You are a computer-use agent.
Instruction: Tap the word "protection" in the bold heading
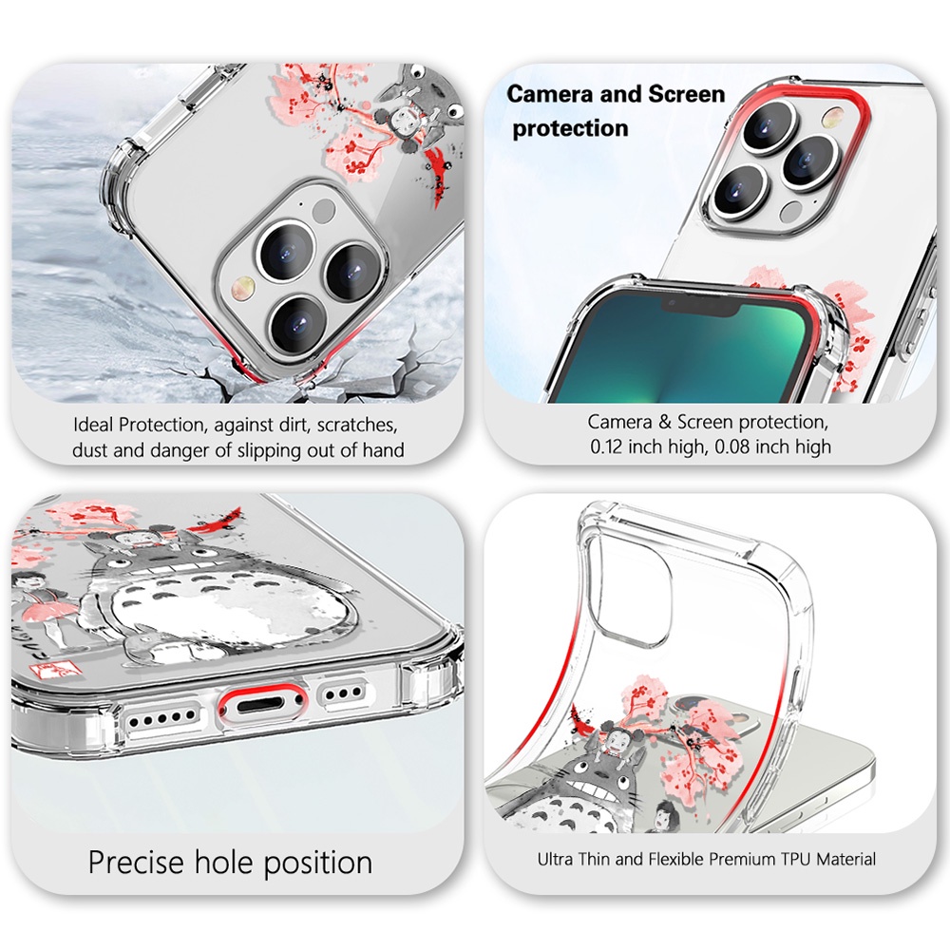[570, 128]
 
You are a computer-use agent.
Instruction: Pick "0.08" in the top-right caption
[720, 446]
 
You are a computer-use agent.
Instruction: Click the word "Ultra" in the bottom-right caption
[558, 860]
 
